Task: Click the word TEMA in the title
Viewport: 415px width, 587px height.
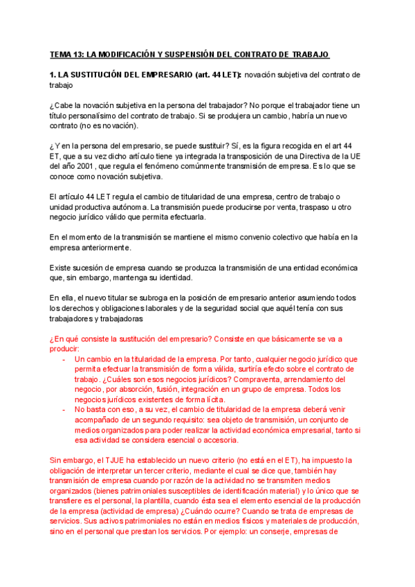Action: pos(61,54)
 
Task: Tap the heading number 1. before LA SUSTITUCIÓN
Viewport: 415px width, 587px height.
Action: pos(53,75)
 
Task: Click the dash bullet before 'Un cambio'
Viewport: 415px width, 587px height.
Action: pos(64,360)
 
